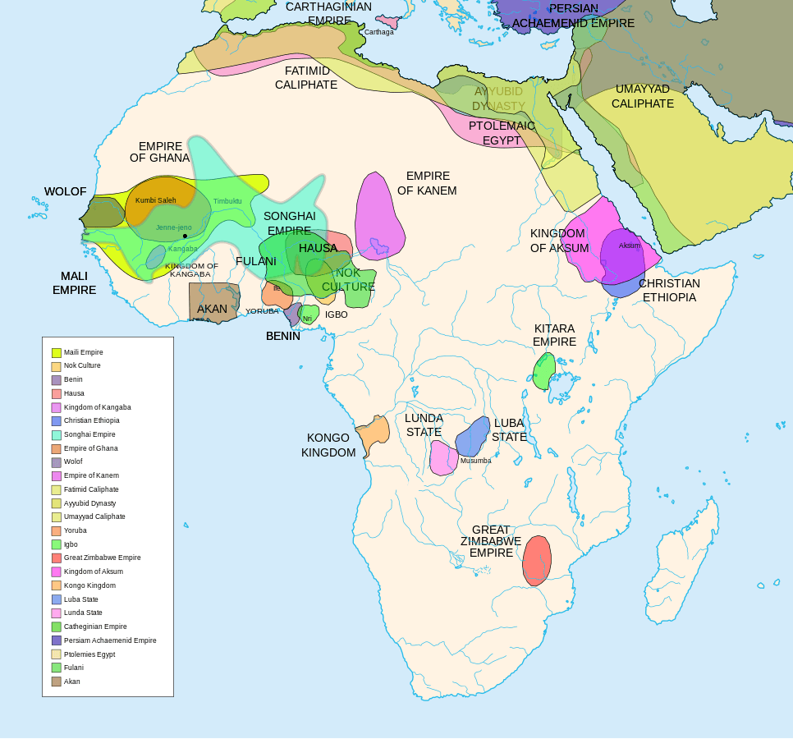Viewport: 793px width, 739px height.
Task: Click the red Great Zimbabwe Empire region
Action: pos(537,561)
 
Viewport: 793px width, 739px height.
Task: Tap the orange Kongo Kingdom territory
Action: pos(374,433)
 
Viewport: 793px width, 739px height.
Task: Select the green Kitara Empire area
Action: pos(543,371)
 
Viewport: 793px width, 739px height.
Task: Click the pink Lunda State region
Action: pos(443,458)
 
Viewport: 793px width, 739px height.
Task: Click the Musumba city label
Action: pos(475,461)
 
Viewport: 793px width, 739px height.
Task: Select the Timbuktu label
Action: pos(227,201)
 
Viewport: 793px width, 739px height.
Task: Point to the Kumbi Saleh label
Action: pos(156,200)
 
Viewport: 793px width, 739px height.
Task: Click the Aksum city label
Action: pos(630,246)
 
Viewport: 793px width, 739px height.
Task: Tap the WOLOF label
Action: pos(65,191)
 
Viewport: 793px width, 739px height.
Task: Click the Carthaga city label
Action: pos(379,32)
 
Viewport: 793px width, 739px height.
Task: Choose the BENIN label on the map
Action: pos(282,336)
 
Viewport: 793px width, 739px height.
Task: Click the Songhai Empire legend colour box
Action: pos(57,435)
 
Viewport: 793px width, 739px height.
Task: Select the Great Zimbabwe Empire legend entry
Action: pos(102,558)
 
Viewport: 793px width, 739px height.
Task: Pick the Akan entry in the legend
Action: pos(71,682)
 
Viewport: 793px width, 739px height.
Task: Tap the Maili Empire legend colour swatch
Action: pos(57,353)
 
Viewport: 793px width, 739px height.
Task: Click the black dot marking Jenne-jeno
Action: pos(185,236)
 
